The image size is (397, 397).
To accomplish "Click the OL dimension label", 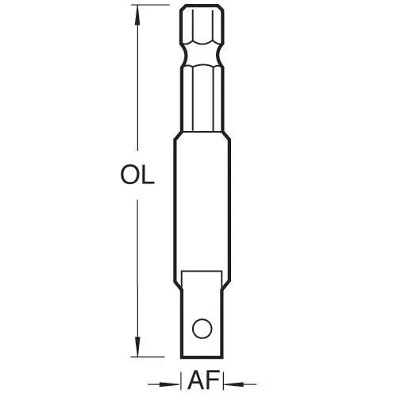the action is tap(137, 175).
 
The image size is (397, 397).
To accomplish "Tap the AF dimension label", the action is tap(203, 380).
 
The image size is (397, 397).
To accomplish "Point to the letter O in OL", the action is tap(130, 175).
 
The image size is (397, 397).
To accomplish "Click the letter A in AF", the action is tap(197, 380).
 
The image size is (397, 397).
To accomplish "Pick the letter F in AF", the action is tap(214, 380).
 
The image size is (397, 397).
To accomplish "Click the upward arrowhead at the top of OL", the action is tap(137, 15).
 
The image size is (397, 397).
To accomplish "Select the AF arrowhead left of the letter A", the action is tap(169, 384).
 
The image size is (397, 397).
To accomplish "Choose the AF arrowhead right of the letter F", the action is tap(234, 384).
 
